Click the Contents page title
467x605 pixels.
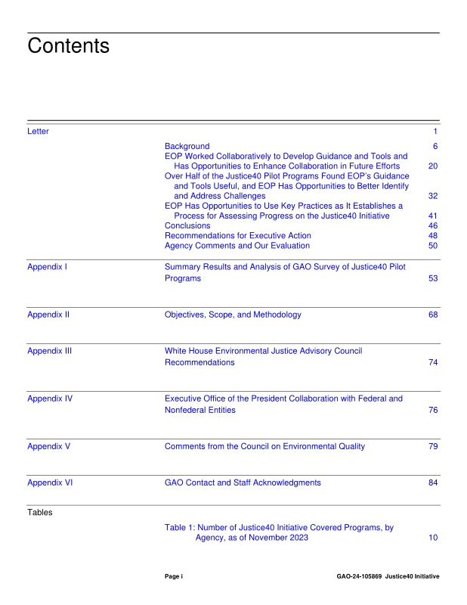(68, 46)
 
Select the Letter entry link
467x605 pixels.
(38, 132)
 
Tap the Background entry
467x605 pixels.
(187, 146)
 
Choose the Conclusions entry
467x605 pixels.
(187, 225)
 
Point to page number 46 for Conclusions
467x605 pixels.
(433, 225)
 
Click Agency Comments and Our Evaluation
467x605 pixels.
(237, 246)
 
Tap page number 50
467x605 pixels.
(433, 246)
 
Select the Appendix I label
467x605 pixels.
(48, 267)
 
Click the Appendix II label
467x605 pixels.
(48, 315)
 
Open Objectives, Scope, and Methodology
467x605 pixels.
(233, 315)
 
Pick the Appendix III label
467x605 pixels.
(50, 351)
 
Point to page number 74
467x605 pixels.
(433, 363)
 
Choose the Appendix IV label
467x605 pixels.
(50, 399)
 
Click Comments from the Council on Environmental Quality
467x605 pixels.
(264, 446)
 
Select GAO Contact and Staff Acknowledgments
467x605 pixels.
(243, 482)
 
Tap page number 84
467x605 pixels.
(433, 482)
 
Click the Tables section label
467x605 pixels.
(40, 513)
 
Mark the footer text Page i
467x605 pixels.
(174, 576)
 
